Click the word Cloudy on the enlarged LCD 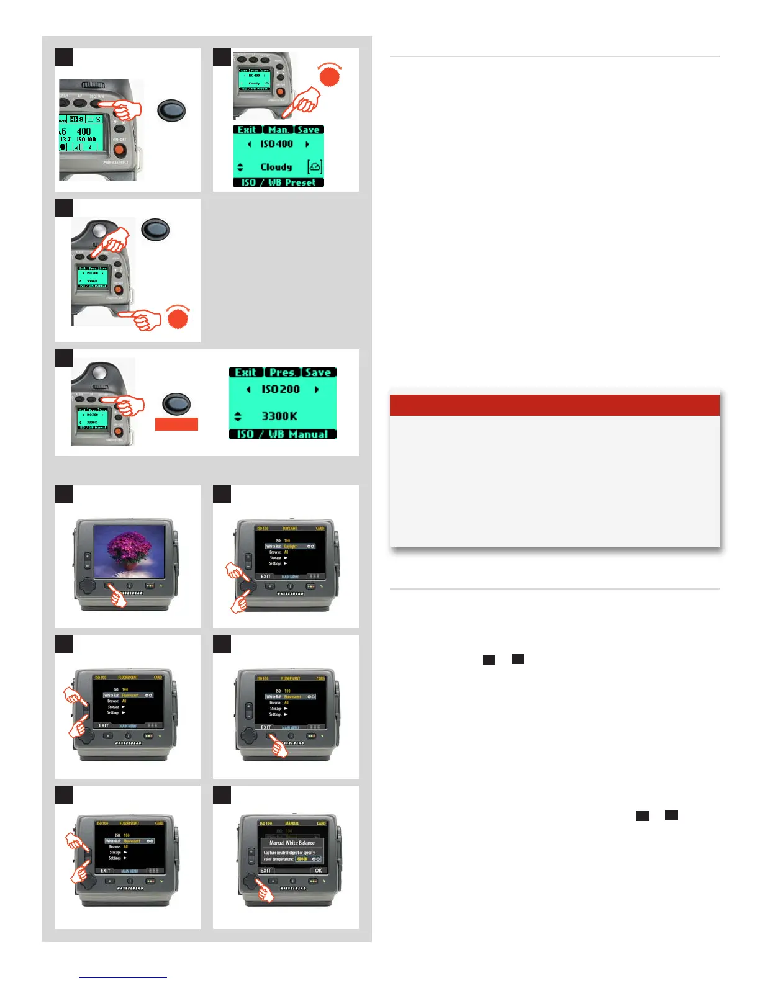(276, 167)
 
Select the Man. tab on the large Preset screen (278, 130)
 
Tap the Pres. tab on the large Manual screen (283, 372)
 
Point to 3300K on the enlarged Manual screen (279, 416)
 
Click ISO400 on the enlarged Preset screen (277, 144)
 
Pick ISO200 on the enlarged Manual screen (281, 389)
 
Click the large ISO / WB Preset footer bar (279, 182)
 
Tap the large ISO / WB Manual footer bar (283, 434)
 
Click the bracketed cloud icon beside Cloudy (315, 166)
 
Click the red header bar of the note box (554, 405)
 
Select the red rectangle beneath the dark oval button (176, 424)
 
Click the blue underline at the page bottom (123, 977)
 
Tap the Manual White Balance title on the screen (292, 843)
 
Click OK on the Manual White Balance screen (319, 870)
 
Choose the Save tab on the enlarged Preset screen (309, 130)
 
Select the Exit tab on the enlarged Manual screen (246, 372)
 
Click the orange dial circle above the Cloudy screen (330, 77)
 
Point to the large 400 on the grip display (84, 132)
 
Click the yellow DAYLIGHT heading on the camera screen (290, 529)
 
